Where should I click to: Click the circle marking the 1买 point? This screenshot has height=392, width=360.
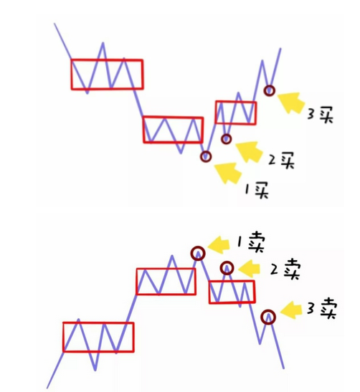click(x=206, y=152)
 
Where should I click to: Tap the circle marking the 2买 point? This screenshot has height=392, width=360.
click(x=226, y=134)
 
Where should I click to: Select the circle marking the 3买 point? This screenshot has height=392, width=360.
click(x=269, y=86)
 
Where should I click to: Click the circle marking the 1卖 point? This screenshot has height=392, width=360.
click(x=198, y=247)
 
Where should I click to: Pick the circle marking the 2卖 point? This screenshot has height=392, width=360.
click(x=227, y=262)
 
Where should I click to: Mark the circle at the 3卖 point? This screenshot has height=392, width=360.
click(x=268, y=310)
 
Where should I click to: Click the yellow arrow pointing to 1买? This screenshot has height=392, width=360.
click(x=227, y=173)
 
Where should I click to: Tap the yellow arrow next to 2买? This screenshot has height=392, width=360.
click(x=249, y=151)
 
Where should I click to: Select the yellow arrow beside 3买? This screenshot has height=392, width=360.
click(x=291, y=102)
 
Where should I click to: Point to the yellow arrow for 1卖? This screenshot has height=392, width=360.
click(x=219, y=245)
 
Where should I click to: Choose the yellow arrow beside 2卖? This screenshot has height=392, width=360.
click(x=249, y=269)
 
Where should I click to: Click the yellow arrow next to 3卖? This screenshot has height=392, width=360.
click(x=291, y=310)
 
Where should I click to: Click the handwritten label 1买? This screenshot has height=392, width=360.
click(x=257, y=190)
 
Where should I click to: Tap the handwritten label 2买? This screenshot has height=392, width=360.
click(x=281, y=160)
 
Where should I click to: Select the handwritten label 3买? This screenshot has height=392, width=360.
click(x=321, y=115)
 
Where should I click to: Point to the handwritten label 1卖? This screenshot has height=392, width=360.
click(x=251, y=242)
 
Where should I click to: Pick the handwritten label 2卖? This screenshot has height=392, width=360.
click(x=285, y=269)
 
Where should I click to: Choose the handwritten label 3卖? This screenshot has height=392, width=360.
click(x=322, y=308)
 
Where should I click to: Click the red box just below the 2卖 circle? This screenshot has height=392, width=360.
click(x=209, y=292)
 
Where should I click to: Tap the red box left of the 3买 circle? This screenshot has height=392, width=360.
click(x=216, y=113)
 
